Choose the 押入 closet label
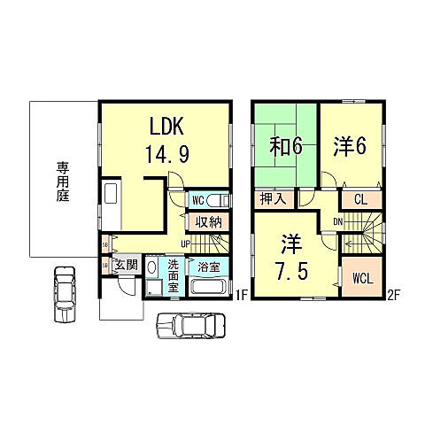(273, 200)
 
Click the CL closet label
(360, 200)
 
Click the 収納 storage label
(209, 221)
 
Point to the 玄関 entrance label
(125, 265)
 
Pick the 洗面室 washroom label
(174, 276)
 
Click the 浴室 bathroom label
(209, 266)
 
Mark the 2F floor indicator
(392, 296)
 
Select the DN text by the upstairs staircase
(337, 220)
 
